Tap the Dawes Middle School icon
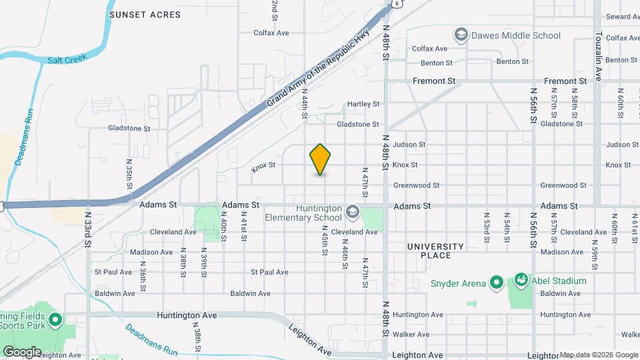click(x=460, y=35)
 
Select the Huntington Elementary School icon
click(x=352, y=212)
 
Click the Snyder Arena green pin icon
click(x=496, y=283)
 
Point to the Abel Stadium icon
click(x=521, y=281)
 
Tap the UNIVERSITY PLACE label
click(x=435, y=251)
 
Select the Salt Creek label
click(x=63, y=60)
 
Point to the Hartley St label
click(x=363, y=104)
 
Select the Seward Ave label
click(x=623, y=17)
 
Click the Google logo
click(x=22, y=351)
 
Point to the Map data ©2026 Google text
click(x=598, y=355)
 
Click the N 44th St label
click(x=304, y=105)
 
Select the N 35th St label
click(x=129, y=173)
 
